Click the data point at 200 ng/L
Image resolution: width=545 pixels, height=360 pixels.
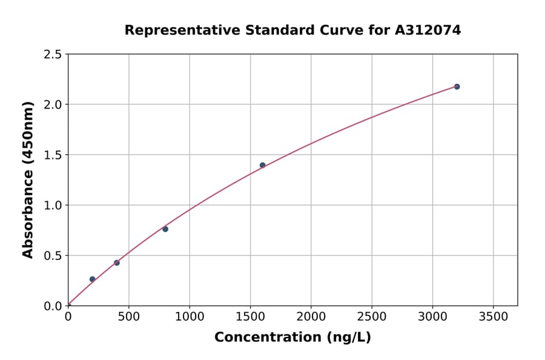92,279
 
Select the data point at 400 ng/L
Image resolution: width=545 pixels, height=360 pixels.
117,262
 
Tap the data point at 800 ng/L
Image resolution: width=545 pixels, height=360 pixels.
165,229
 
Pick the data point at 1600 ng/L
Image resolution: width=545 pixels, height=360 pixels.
262,165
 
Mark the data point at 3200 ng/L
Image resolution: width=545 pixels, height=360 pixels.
457,87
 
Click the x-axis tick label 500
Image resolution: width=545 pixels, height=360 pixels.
128,317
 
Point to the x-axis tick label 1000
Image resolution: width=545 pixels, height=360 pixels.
189,317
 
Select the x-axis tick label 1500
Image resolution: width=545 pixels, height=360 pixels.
250,317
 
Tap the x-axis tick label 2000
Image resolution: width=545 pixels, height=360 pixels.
311,317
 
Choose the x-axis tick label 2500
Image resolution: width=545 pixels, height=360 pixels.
371,317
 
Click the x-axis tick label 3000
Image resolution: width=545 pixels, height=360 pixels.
432,317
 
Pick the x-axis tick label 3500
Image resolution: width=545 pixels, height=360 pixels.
493,317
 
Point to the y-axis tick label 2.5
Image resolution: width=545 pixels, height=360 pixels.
53,55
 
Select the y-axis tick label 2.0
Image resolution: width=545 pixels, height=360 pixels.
53,105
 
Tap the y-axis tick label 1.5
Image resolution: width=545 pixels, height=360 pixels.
53,155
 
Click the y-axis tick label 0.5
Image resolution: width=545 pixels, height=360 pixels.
53,256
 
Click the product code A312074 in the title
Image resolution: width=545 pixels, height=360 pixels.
429,30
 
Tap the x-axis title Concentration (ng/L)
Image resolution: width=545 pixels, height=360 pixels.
292,338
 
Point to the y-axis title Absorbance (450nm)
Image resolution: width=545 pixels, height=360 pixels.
28,179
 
